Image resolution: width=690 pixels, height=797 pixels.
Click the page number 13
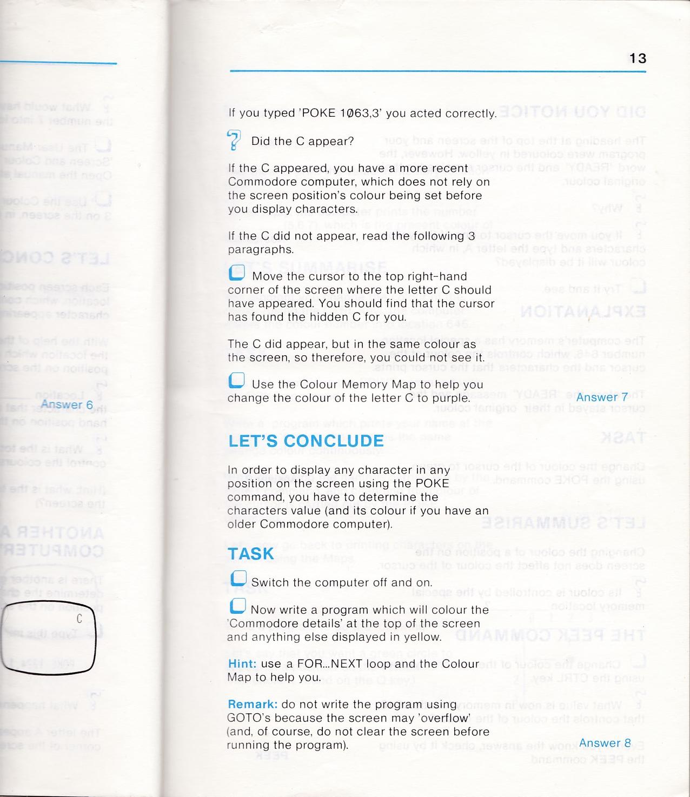(638, 58)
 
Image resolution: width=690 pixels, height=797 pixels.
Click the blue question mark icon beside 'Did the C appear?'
(234, 140)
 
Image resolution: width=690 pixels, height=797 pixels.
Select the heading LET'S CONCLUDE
(306, 441)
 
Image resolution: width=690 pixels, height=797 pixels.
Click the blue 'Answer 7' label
(602, 397)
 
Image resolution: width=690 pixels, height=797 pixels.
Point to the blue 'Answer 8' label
(605, 742)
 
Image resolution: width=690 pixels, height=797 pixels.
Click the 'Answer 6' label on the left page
(67, 404)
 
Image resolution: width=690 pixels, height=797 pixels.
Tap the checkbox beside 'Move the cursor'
(237, 275)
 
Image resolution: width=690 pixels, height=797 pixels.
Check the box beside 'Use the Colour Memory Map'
(237, 381)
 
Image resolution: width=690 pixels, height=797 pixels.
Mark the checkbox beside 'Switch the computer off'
(238, 579)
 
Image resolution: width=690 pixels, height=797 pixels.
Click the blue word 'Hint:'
(242, 663)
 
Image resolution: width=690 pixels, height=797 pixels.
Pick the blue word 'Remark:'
(253, 704)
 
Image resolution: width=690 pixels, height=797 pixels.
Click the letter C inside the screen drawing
(79, 620)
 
